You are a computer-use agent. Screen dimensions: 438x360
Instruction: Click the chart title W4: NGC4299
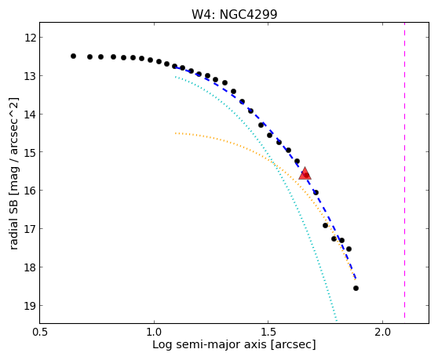(x=235, y=15)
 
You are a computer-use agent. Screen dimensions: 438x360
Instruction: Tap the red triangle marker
(x=305, y=173)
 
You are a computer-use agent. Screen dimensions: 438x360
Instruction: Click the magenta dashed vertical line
(x=404, y=170)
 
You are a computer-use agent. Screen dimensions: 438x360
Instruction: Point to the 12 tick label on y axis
(x=30, y=38)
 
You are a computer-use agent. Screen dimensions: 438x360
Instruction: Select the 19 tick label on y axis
(x=30, y=306)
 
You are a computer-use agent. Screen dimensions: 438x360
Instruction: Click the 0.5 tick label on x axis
(x=40, y=332)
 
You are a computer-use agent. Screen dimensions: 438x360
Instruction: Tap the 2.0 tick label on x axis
(x=383, y=332)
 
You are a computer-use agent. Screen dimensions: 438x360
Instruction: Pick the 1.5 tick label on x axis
(x=268, y=332)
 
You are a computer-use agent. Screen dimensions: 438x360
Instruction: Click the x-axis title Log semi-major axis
(x=210, y=344)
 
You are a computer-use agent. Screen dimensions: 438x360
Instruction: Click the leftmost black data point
(x=73, y=56)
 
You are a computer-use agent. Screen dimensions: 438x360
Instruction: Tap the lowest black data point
(x=356, y=289)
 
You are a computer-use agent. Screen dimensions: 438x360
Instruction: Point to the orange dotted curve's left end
(x=175, y=133)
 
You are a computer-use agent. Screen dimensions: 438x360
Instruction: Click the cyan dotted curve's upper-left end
(x=175, y=77)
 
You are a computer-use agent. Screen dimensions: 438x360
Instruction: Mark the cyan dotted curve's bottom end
(x=337, y=320)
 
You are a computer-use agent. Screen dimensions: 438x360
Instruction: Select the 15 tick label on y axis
(x=30, y=152)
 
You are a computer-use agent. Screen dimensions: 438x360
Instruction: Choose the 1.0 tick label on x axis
(x=154, y=332)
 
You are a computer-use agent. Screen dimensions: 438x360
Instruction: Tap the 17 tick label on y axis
(x=30, y=229)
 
